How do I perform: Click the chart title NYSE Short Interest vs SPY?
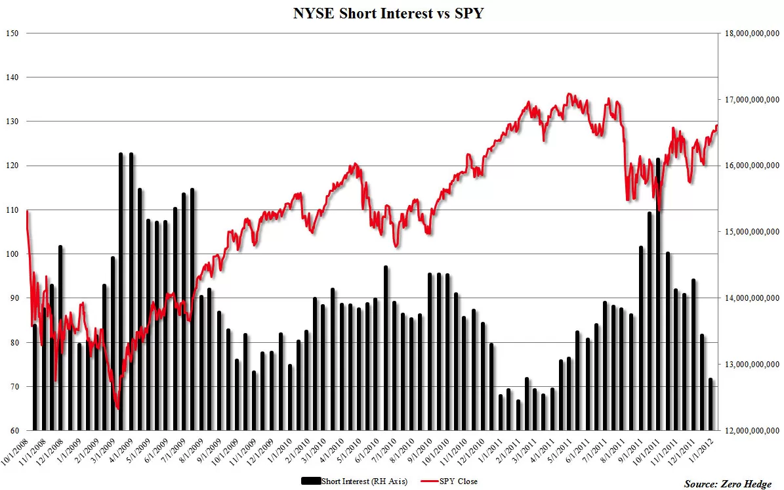tap(388, 13)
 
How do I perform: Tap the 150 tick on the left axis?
tap(12, 33)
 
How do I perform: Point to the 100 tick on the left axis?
tap(12, 254)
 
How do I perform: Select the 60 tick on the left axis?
tap(14, 430)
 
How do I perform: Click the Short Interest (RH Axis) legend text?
tap(365, 481)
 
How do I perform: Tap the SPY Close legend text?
tap(459, 481)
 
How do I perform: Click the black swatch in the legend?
tap(310, 481)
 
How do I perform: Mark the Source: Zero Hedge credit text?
tap(728, 483)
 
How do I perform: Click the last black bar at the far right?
tap(711, 405)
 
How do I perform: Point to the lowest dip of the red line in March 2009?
tap(117, 409)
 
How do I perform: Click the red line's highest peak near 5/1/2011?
tap(569, 94)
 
